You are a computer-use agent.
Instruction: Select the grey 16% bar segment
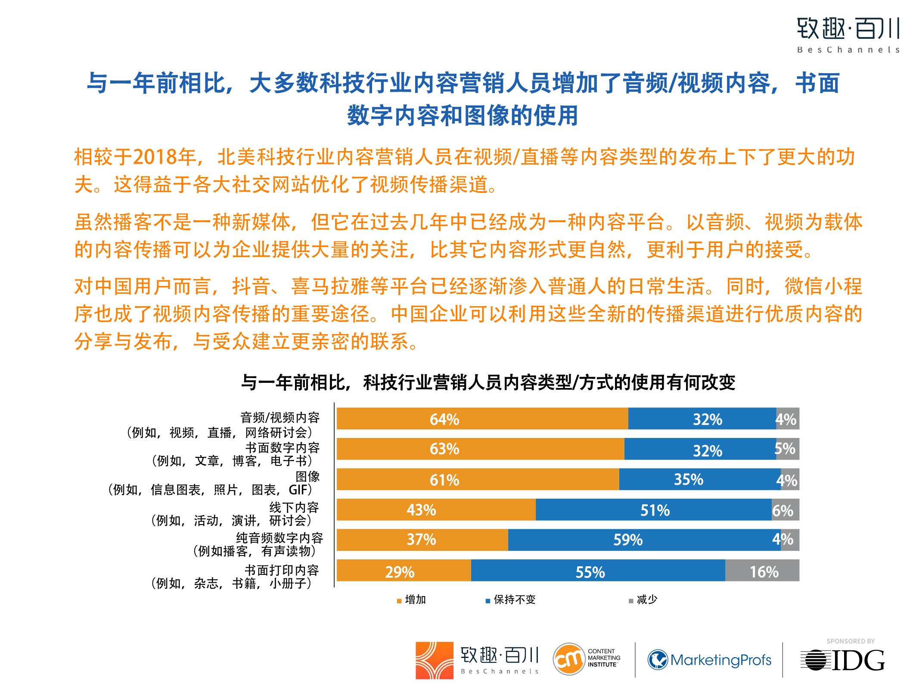click(762, 571)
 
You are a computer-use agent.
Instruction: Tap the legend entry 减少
click(646, 599)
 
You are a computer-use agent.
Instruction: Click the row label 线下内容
click(294, 507)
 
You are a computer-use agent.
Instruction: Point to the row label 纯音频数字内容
click(279, 538)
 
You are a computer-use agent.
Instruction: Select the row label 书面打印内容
click(282, 570)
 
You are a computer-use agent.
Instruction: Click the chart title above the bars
click(488, 382)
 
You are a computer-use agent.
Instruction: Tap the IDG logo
click(843, 660)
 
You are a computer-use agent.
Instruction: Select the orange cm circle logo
click(568, 659)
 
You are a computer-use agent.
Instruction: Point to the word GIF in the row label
click(298, 490)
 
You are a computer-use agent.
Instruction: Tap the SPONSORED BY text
click(850, 641)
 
